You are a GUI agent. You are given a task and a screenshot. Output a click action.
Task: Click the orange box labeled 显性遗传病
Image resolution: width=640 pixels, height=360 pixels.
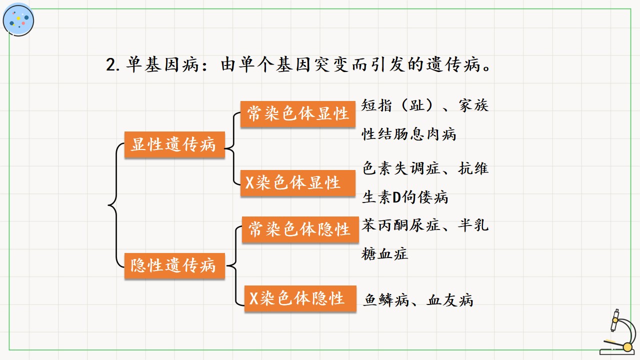[x=174, y=144]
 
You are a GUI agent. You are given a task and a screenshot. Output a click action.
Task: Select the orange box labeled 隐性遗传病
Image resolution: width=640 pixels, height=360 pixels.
[x=174, y=265]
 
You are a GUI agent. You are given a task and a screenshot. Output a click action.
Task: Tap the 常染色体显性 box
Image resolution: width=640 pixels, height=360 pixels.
[x=297, y=113]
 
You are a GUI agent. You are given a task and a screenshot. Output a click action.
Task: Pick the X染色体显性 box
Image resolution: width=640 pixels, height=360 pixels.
[x=297, y=183]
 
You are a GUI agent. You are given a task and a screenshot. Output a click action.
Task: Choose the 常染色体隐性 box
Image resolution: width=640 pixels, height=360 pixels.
[x=300, y=229]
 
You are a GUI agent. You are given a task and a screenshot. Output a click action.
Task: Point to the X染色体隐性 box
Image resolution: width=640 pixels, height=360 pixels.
[x=300, y=298]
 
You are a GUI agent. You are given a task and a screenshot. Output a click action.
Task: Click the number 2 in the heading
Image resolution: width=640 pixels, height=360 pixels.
[x=110, y=65]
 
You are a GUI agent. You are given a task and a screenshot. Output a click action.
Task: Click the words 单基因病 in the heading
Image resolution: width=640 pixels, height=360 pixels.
[x=162, y=64]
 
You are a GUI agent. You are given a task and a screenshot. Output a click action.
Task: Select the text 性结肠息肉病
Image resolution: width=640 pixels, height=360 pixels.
[x=409, y=134]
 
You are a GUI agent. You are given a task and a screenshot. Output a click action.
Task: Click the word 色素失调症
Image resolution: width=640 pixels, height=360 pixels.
[x=401, y=168]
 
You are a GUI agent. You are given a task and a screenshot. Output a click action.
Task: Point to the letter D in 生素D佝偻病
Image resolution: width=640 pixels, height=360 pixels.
[x=396, y=197]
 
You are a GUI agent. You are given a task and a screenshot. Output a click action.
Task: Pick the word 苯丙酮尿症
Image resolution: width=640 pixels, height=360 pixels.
[x=401, y=225]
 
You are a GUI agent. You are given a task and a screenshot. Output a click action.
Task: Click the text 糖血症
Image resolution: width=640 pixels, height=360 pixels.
[x=384, y=254]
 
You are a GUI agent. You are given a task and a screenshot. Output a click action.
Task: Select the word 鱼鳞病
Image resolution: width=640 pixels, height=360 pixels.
[x=386, y=300]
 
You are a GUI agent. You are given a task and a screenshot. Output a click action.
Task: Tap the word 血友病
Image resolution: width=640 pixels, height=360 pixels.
[x=450, y=300]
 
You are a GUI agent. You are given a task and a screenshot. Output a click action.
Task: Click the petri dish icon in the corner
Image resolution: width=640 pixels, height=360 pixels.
[x=18, y=20]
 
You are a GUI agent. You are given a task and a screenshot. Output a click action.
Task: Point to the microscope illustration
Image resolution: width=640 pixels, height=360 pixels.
[x=618, y=332]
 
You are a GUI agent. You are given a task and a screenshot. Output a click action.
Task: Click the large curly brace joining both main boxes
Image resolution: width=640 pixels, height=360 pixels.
[x=116, y=205]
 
